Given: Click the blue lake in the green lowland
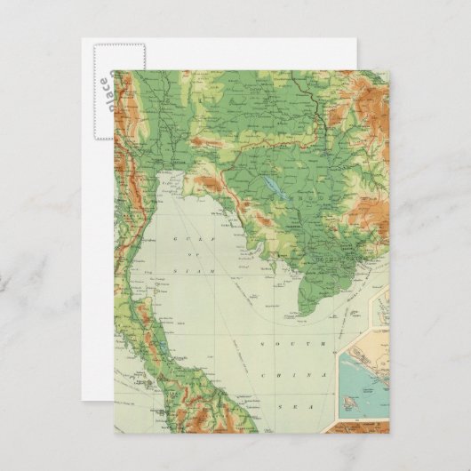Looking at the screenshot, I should click(x=268, y=188).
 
